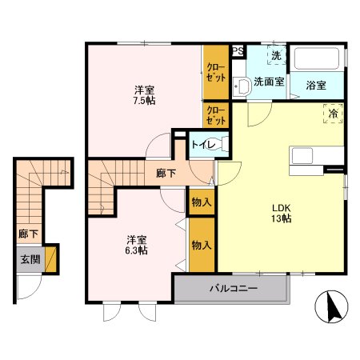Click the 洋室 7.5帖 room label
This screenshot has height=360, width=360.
point(144,96)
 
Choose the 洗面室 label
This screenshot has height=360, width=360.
point(269,82)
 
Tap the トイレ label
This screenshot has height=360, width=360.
point(200,145)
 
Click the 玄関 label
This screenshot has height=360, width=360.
point(28,258)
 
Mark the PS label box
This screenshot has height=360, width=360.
point(237,52)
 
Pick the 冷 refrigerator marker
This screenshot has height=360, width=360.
point(332,115)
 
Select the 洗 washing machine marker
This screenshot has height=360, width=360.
point(275,57)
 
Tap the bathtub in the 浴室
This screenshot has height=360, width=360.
point(318,60)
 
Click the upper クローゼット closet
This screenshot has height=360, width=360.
point(215,73)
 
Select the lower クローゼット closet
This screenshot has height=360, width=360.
point(215,115)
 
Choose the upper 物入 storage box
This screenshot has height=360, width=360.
point(202,203)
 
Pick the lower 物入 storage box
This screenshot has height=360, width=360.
point(202,245)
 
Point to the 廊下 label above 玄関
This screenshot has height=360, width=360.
point(27,235)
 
